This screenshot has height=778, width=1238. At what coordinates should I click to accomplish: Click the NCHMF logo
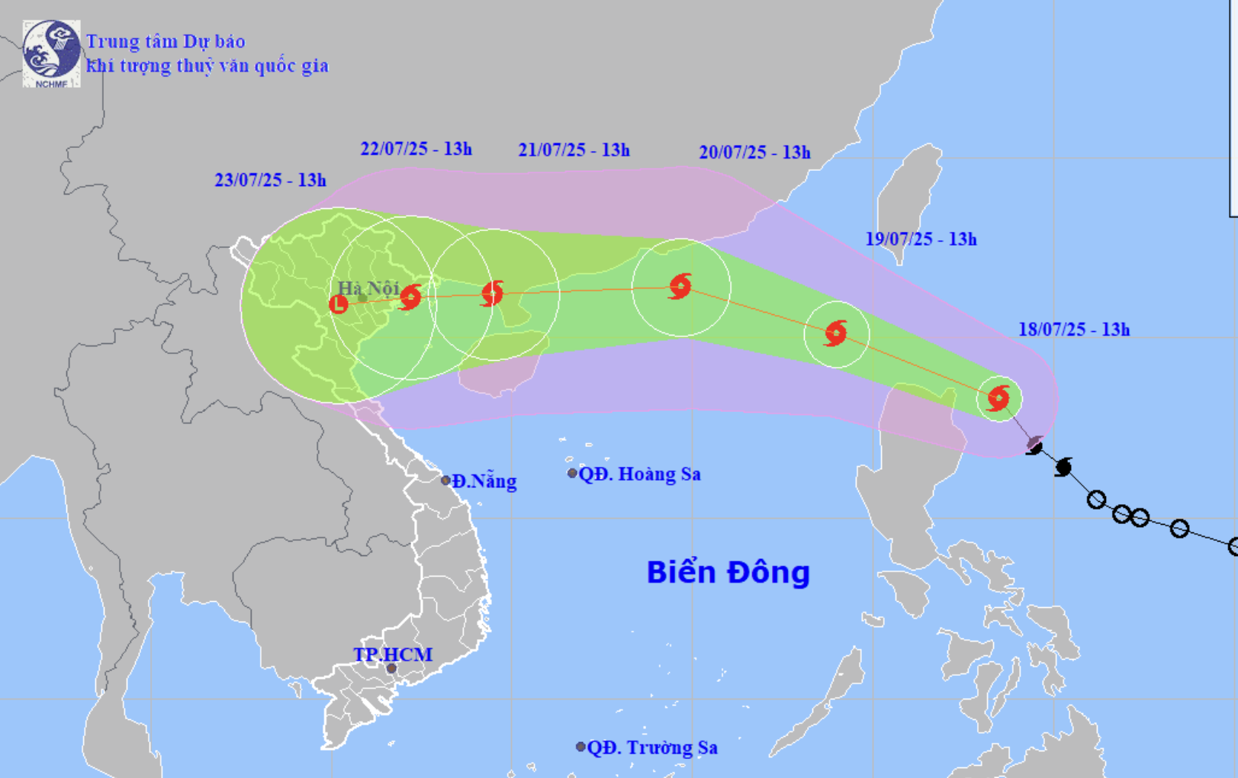click(x=51, y=53)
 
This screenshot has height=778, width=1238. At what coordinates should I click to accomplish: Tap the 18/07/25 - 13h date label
click(x=1073, y=330)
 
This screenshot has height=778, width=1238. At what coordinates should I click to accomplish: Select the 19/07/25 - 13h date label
click(x=921, y=239)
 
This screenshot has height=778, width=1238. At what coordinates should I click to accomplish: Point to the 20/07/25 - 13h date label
click(x=754, y=153)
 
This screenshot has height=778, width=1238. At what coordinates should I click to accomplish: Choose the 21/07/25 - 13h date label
click(x=574, y=150)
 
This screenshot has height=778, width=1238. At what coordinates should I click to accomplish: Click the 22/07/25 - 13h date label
click(x=416, y=149)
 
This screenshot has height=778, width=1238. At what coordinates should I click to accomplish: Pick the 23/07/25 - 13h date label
click(x=270, y=180)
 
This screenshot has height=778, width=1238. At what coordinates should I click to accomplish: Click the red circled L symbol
click(x=339, y=304)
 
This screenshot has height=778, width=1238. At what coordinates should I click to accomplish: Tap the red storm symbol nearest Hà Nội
click(x=410, y=297)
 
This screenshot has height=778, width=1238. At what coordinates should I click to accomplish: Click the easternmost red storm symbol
click(x=998, y=398)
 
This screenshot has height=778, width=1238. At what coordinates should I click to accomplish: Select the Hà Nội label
click(x=368, y=288)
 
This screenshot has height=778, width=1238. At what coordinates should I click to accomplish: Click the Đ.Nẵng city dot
click(x=445, y=481)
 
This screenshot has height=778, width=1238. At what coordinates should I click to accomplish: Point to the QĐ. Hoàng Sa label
click(x=639, y=474)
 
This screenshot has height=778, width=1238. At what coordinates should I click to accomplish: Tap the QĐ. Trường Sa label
click(x=651, y=747)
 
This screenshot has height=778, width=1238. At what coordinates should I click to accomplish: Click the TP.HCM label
click(x=392, y=654)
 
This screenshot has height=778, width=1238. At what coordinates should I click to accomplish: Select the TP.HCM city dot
click(x=391, y=669)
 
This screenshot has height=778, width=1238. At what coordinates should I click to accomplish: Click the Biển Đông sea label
click(x=728, y=572)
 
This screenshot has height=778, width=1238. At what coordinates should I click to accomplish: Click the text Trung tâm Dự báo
click(x=166, y=41)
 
